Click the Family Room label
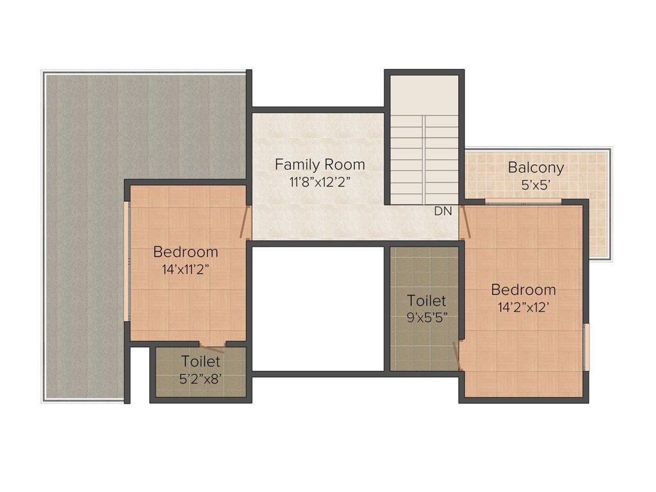click(x=320, y=165)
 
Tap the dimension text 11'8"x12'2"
click(x=320, y=183)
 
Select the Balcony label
click(x=536, y=168)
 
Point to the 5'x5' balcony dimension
click(x=536, y=185)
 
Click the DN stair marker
click(x=443, y=211)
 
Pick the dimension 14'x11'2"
click(x=185, y=270)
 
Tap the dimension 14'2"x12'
click(x=523, y=307)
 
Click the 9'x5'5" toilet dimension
click(x=427, y=318)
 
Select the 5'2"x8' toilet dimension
click(x=201, y=379)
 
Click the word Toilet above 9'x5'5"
click(x=427, y=300)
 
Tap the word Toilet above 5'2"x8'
click(x=201, y=361)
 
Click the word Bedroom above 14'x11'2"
click(x=186, y=252)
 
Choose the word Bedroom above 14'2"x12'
click(x=523, y=290)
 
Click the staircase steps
click(x=424, y=160)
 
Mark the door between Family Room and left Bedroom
click(x=245, y=222)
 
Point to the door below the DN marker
click(x=465, y=222)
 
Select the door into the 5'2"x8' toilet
click(x=212, y=347)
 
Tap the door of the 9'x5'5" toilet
click(x=457, y=356)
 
